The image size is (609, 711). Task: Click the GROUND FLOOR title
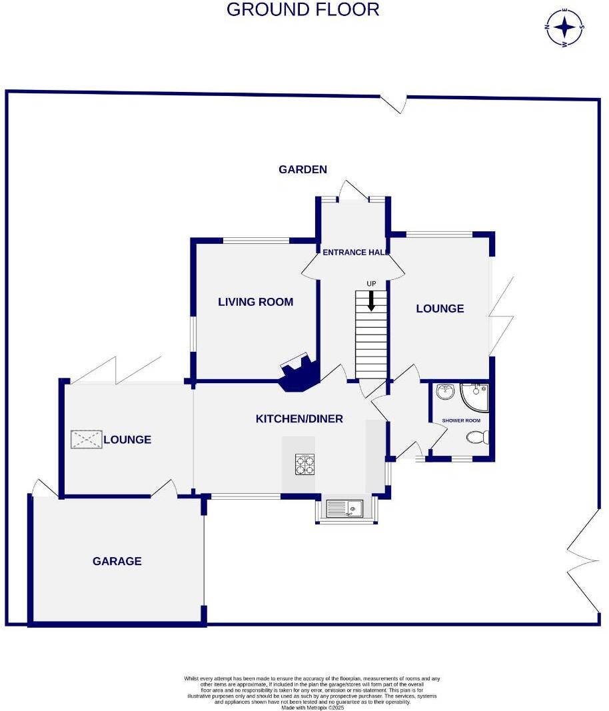tap(303, 10)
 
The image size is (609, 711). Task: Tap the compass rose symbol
tap(565, 27)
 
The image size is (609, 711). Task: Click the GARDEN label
tap(303, 169)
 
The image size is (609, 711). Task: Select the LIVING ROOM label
tap(256, 302)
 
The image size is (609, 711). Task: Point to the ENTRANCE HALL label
tap(354, 253)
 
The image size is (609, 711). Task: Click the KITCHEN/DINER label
tap(299, 418)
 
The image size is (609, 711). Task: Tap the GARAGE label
tap(117, 561)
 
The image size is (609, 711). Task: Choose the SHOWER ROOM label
tap(461, 420)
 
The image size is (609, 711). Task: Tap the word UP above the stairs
tap(371, 284)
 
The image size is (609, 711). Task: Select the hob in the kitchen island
tap(305, 464)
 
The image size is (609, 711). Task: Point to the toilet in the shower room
tap(479, 438)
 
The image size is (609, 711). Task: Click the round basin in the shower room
tap(444, 392)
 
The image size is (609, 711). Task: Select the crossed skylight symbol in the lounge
tap(87, 438)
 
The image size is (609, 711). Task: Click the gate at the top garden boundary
tap(394, 103)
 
